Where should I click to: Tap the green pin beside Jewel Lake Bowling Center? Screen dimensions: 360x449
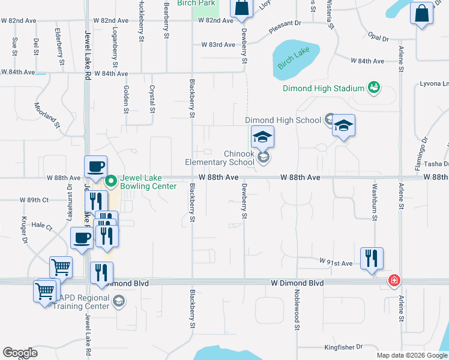coord(110,180)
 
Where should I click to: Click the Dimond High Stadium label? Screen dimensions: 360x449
coord(324,89)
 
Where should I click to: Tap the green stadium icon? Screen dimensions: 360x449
coord(374,88)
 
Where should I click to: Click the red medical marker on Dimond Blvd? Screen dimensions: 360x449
coord(394,280)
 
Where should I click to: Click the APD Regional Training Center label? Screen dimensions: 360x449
coord(82,302)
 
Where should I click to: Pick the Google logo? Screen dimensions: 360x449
coord(20,353)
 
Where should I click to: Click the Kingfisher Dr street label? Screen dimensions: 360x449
coord(343,346)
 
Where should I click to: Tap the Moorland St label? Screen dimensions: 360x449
coord(48,116)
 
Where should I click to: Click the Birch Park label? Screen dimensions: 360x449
coord(196,3)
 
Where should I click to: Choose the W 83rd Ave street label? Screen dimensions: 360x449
coord(218,45)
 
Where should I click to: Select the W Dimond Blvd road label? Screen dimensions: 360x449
coord(297,283)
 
